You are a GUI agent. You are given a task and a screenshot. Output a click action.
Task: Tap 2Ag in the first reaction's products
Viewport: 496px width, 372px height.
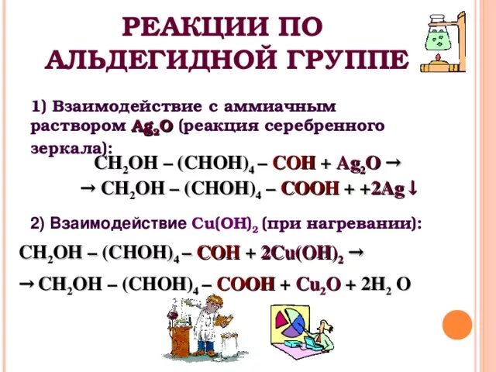coord(386,188)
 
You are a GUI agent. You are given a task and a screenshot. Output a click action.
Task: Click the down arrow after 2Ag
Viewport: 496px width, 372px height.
coord(414,188)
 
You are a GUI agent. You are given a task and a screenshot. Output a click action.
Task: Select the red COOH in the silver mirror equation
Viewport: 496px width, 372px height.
coord(310,188)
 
